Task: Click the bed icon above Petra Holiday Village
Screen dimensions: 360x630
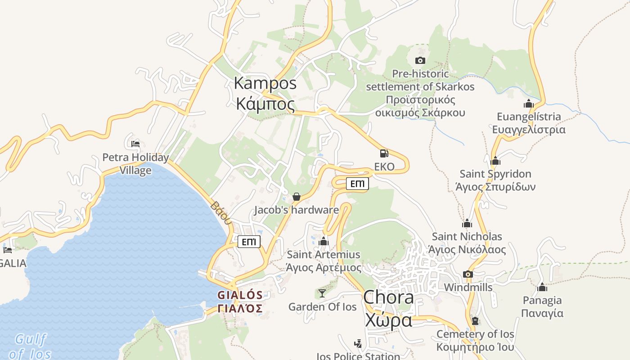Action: [135, 144]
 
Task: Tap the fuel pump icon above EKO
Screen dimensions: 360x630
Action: [384, 153]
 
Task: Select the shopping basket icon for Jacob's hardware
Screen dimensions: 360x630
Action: [296, 197]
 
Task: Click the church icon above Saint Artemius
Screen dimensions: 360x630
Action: [324, 242]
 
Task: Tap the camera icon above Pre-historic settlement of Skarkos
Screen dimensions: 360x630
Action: [420, 60]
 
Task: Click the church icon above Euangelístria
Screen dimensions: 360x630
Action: [528, 104]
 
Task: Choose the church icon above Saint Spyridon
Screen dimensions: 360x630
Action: [495, 161]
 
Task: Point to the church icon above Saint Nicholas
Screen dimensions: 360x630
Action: [467, 223]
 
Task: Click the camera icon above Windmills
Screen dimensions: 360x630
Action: [468, 274]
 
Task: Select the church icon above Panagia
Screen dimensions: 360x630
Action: [542, 287]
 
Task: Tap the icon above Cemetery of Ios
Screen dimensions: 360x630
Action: [475, 321]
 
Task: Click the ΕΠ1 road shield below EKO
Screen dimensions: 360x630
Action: [357, 184]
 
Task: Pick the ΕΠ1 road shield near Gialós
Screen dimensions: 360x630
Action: [249, 242]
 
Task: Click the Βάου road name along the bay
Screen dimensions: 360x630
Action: [220, 212]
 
